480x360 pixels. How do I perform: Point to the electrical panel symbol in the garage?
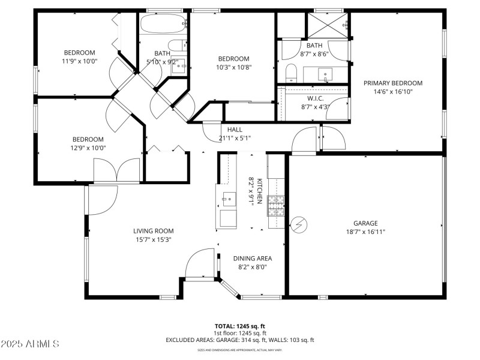[298, 224]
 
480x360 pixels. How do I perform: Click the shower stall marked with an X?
[328, 25]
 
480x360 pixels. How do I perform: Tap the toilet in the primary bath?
[291, 73]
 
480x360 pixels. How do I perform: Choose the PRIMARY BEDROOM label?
[392, 83]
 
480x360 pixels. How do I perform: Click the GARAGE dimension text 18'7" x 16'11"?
[365, 232]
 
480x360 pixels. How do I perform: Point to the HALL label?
[235, 130]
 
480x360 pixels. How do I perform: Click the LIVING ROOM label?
[153, 230]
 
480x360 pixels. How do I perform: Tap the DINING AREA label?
[253, 258]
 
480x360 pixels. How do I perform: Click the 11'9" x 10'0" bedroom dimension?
[80, 61]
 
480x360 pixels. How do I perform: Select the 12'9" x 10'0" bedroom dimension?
[88, 148]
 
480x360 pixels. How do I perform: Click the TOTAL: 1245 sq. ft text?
[239, 326]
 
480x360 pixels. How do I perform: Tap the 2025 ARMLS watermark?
[30, 344]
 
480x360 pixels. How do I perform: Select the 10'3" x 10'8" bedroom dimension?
[233, 67]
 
